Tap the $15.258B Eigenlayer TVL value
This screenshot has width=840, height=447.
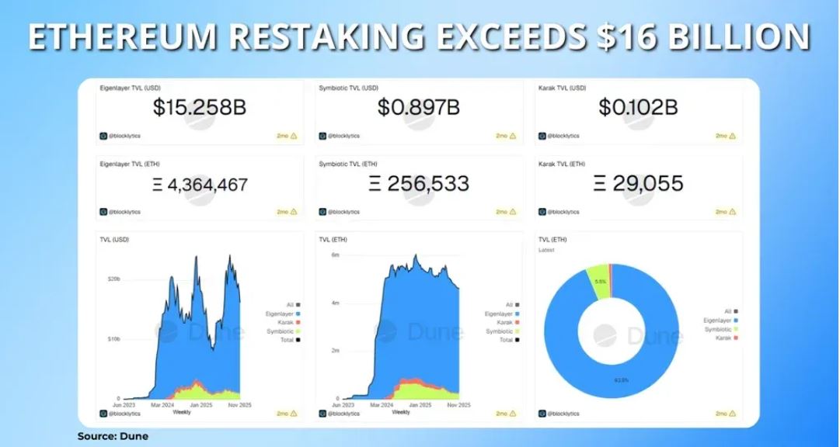point(199,108)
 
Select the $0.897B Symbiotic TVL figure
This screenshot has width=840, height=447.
point(418,108)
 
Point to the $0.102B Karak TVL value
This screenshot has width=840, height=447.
point(638,108)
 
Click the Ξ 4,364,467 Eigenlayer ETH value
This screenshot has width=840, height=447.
point(199,185)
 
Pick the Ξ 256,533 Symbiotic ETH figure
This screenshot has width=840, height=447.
point(418,184)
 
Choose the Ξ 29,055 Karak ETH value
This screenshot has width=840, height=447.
point(638,184)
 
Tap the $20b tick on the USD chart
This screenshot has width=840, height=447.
point(113,278)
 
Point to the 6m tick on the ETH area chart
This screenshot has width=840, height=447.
point(336,255)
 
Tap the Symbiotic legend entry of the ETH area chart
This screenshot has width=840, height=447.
point(499,331)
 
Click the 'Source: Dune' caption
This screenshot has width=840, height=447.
point(113,436)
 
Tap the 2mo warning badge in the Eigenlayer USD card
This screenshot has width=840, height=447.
point(288,136)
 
